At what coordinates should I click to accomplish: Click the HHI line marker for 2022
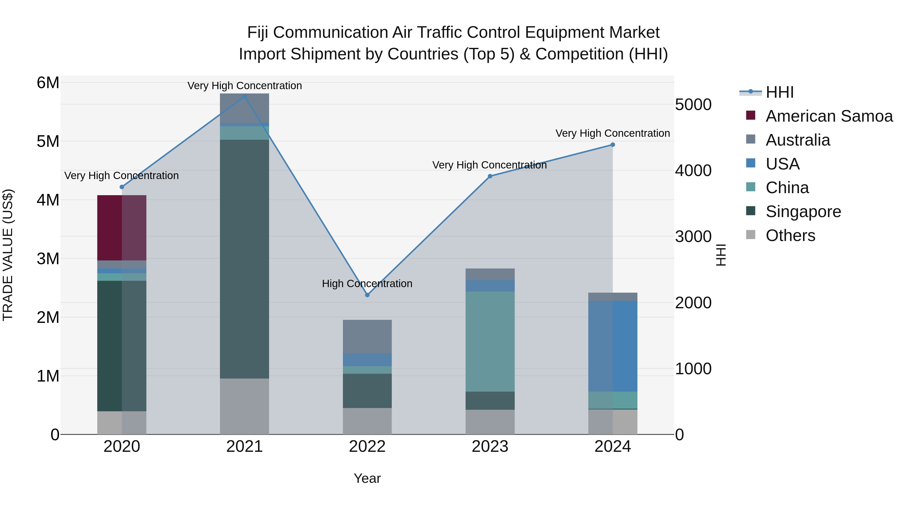coord(367,295)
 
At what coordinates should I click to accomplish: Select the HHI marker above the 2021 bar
coord(244,96)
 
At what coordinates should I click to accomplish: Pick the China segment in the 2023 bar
coord(490,342)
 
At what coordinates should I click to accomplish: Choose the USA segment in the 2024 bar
coord(613,346)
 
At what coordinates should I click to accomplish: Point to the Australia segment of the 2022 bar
coord(367,336)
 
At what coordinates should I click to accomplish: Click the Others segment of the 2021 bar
coord(244,406)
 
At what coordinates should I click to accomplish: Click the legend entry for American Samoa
coord(829,116)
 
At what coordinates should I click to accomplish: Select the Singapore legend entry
coord(803,212)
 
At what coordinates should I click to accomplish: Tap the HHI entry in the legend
coord(780,92)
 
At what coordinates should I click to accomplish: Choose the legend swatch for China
coord(751,187)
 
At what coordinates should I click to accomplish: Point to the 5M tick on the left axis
coord(48,142)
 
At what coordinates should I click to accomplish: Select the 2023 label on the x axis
coord(490,447)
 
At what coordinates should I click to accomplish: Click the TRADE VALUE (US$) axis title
coord(8,255)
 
